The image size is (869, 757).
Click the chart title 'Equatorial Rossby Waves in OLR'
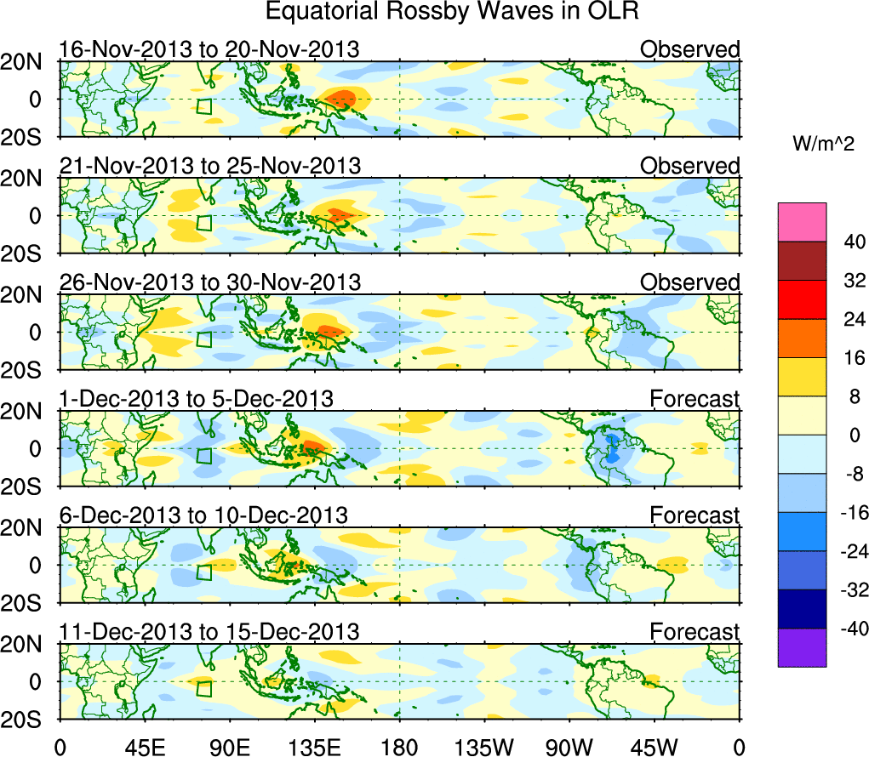pos(452,12)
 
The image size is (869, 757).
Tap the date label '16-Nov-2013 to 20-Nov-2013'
pos(209,49)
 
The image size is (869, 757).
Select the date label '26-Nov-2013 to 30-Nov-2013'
pos(209,282)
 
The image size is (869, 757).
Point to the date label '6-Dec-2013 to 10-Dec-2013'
pos(203,515)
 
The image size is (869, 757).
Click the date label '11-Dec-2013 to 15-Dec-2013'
pos(209,632)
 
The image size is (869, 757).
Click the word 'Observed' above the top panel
pos(689,49)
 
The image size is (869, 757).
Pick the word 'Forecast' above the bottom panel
pos(695,632)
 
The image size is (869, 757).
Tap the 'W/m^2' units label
pos(823,145)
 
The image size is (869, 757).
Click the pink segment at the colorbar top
pos(802,222)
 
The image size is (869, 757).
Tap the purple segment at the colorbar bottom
pos(802,647)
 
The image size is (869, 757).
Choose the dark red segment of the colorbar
pos(802,261)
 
